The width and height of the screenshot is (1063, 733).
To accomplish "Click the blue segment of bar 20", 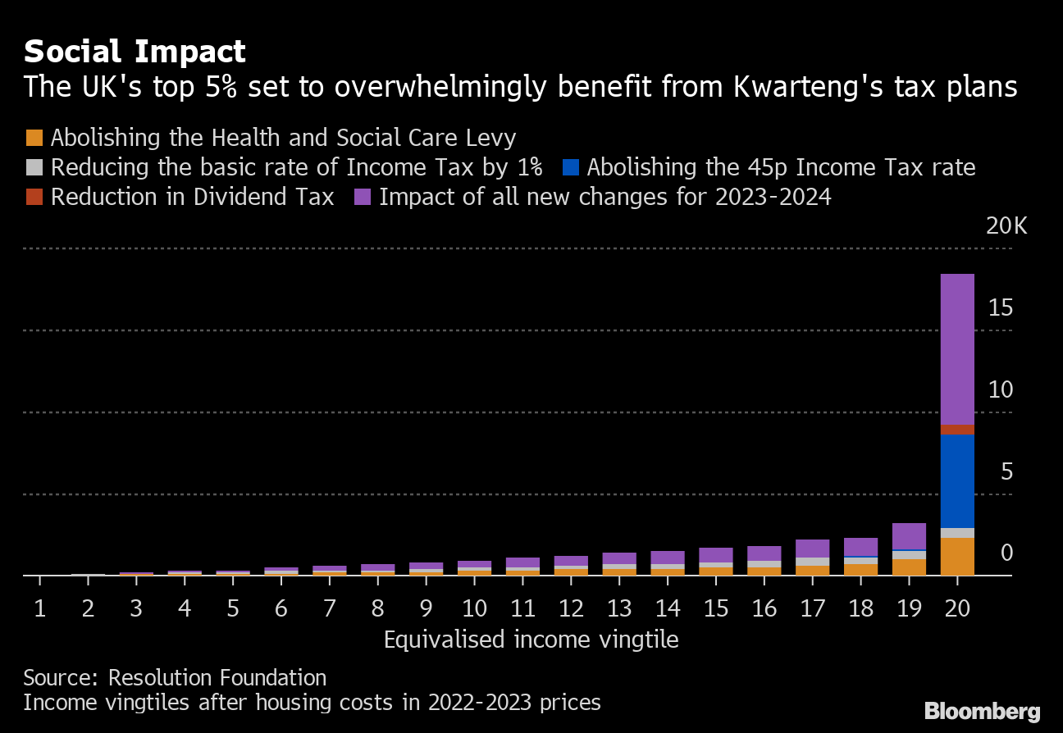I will [x=957, y=480].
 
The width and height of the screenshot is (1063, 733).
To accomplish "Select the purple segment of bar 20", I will [x=957, y=348].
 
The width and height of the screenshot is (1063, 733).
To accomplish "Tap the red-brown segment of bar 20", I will [x=957, y=430].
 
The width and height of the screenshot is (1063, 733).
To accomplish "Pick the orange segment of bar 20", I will [x=957, y=556].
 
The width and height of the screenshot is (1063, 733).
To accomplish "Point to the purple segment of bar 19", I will [x=909, y=535].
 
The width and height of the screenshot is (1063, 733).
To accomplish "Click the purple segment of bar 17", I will [x=812, y=549].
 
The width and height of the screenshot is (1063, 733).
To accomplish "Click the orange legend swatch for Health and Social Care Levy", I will [x=34, y=137].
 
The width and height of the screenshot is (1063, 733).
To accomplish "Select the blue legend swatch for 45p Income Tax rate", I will [x=571, y=167].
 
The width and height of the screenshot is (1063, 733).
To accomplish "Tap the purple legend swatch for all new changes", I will [x=363, y=198].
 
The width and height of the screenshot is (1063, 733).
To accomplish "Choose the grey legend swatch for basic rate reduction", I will [x=34, y=167].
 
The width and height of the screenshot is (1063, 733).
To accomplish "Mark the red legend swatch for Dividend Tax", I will [x=34, y=198].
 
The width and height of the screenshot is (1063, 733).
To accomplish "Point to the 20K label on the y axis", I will [x=1006, y=226].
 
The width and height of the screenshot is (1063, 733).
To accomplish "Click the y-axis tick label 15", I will [x=1001, y=307].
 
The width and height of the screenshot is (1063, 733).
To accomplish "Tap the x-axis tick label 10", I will [x=474, y=608].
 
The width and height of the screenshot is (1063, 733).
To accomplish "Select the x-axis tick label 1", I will [x=39, y=608].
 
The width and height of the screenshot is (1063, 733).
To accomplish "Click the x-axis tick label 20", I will [x=957, y=608].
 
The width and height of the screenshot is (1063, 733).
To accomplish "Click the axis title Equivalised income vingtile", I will [x=531, y=640].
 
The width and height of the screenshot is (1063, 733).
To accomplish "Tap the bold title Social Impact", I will [x=135, y=52].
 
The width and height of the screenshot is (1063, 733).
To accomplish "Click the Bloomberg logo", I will [x=982, y=711].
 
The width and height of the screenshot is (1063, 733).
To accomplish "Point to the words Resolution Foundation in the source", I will [x=217, y=678].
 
